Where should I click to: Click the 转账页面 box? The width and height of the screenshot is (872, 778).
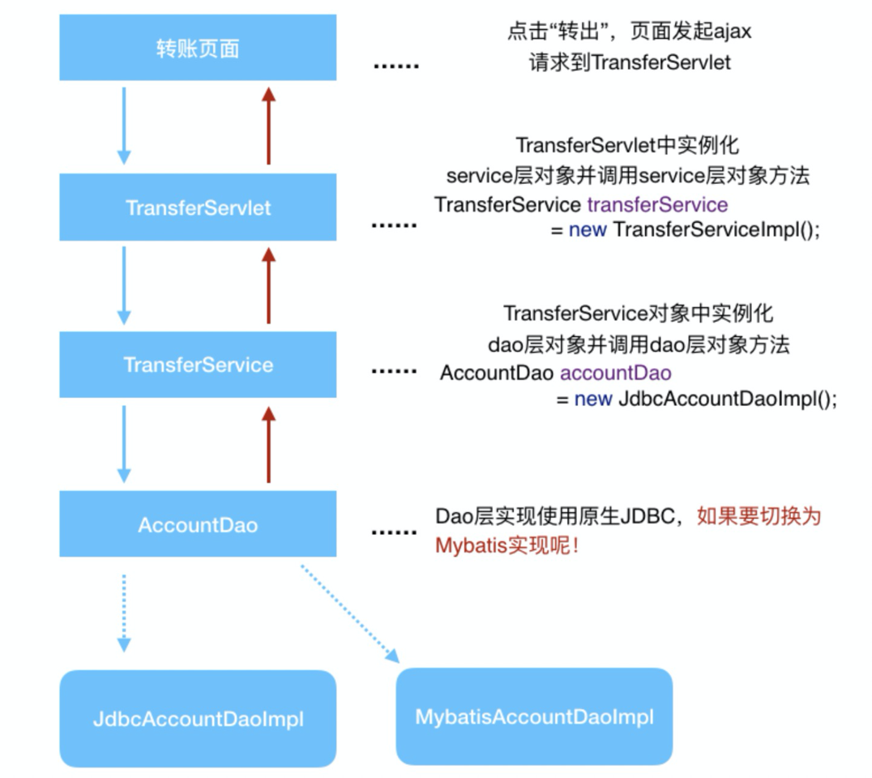[198, 49]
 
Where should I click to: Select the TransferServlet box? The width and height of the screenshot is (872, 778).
[198, 207]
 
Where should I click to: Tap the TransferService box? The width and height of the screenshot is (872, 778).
[198, 365]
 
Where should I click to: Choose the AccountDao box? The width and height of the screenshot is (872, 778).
[198, 524]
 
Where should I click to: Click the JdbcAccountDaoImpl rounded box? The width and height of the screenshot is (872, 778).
[198, 718]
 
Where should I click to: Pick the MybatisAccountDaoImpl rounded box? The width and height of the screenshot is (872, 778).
[534, 716]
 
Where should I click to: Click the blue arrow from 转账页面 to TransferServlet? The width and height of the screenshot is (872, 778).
[124, 125]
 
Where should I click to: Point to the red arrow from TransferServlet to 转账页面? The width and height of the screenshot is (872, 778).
[269, 125]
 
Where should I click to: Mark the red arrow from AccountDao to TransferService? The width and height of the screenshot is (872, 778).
[269, 443]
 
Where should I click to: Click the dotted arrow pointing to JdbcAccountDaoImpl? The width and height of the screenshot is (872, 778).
[124, 612]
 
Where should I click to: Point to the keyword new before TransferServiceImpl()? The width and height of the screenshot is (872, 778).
[588, 229]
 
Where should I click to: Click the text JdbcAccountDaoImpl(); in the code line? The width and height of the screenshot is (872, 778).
[727, 400]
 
